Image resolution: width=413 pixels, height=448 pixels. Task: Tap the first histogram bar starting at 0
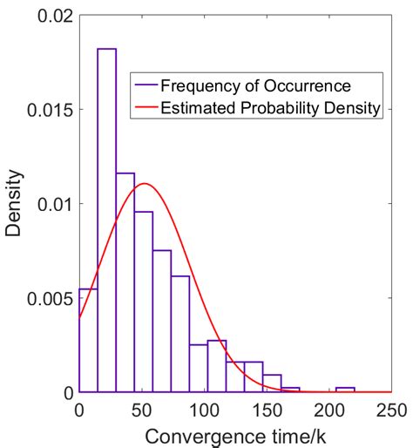click(88, 340)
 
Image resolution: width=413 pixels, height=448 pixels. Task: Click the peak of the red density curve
click(145, 183)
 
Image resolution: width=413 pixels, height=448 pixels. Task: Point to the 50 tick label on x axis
click(141, 410)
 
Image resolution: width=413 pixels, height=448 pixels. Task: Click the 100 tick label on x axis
click(204, 410)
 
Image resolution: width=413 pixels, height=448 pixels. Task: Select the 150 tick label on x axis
click(267, 410)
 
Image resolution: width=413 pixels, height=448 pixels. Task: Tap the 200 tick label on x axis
click(329, 410)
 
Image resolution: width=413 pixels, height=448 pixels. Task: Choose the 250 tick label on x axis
click(390, 410)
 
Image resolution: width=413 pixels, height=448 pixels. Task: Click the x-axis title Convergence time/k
click(235, 435)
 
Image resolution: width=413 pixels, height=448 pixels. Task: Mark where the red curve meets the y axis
click(79, 317)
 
